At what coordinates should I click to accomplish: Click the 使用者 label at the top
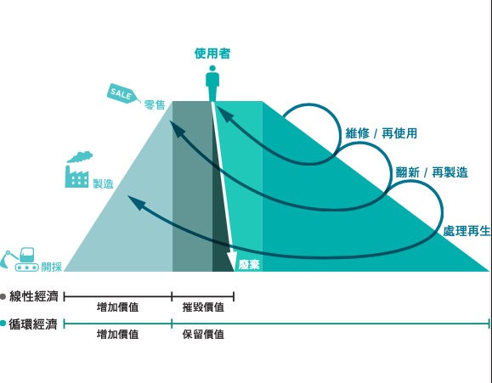tap(212, 54)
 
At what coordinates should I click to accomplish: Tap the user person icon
tap(212, 83)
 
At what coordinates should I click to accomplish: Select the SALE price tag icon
tap(123, 93)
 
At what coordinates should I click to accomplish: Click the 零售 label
tap(155, 104)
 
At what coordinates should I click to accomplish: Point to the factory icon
tap(78, 170)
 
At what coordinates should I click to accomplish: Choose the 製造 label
tap(103, 183)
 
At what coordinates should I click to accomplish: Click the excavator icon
tap(20, 259)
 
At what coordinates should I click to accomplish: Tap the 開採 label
tap(52, 267)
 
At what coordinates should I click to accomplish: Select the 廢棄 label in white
tap(249, 265)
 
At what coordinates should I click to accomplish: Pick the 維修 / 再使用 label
tap(382, 133)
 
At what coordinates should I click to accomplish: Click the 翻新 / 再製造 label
tap(432, 172)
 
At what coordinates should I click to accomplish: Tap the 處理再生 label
tap(467, 231)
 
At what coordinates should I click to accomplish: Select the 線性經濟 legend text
tap(34, 296)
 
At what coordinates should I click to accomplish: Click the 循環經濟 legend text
tap(33, 324)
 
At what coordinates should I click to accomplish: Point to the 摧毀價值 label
tap(203, 307)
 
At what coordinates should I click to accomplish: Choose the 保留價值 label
tap(203, 335)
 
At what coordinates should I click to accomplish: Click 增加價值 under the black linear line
tap(117, 307)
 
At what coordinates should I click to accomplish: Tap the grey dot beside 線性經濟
tap(3, 296)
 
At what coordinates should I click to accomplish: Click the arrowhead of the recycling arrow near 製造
tap(137, 202)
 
